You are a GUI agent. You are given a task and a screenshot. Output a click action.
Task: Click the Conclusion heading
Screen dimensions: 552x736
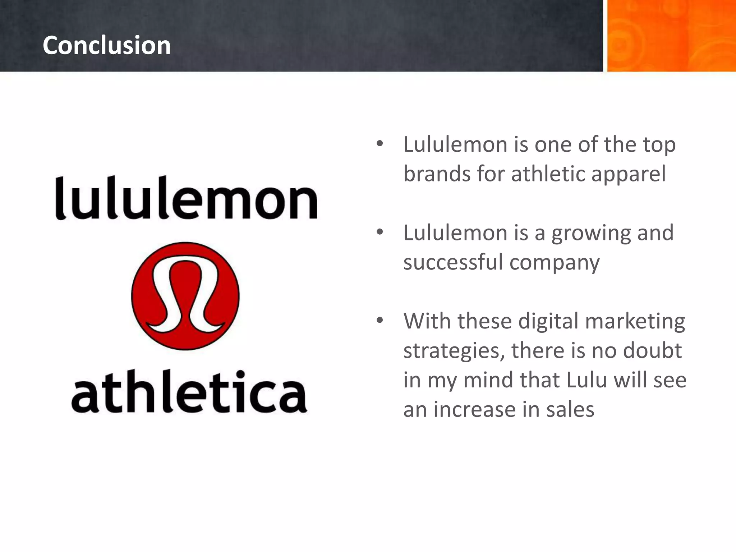[106, 46]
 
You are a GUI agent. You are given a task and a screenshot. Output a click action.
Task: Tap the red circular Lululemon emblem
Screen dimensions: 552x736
[185, 296]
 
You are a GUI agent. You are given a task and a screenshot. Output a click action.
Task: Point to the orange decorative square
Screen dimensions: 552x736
[671, 36]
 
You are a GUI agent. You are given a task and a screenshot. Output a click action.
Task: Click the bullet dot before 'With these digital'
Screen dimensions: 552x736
[380, 320]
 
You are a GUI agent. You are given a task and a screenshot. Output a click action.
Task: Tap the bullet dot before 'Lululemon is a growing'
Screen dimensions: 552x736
[380, 232]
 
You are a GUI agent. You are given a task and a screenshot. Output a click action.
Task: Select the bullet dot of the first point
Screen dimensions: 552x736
[380, 144]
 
